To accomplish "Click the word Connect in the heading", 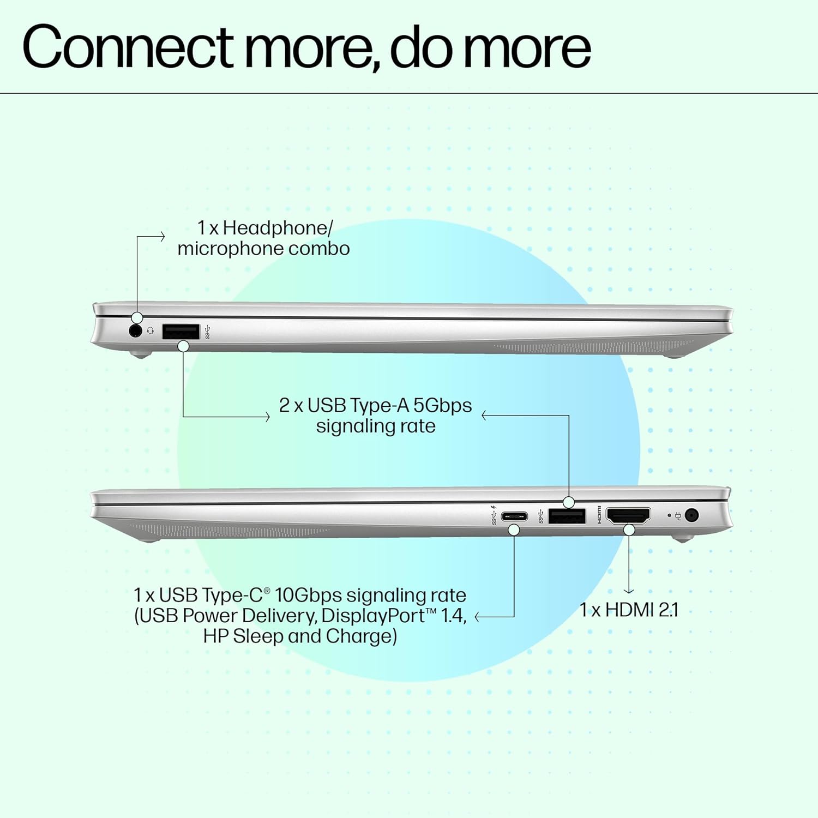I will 128,48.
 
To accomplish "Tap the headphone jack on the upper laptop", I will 135,330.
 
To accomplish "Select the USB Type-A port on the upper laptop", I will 181,331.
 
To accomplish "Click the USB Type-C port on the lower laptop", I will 514,516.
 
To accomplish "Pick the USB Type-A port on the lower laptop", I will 567,516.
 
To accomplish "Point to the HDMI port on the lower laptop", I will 628,515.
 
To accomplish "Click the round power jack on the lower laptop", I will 691,515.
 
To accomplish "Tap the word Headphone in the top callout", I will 276,228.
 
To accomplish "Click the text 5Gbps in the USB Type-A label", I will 442,406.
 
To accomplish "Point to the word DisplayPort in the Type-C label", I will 374,616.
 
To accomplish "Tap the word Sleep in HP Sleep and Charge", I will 257,636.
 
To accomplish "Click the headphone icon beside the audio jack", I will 151,331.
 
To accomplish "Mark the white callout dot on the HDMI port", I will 629,530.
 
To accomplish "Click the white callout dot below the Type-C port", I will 514,530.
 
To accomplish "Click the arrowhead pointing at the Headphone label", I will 162,237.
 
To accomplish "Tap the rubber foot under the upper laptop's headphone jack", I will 140,354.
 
